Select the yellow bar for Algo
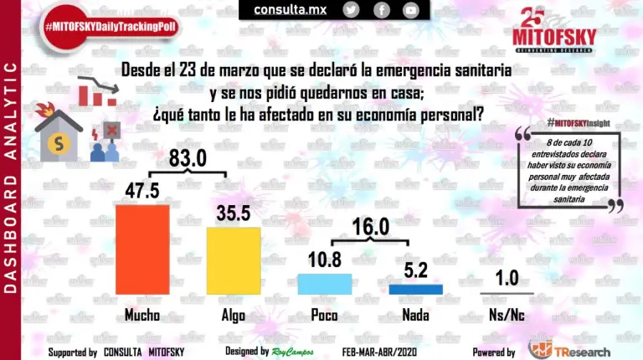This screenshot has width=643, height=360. (x=234, y=260)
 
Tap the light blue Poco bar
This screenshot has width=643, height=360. (x=325, y=284)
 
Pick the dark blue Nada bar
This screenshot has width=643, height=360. (x=415, y=289)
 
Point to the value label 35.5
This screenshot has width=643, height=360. (x=234, y=213)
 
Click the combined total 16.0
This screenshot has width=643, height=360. (x=370, y=228)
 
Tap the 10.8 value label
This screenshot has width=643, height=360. (x=325, y=259)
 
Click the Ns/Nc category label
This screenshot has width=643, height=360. (x=506, y=316)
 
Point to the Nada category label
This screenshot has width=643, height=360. (x=416, y=316)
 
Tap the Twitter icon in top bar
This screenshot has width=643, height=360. (x=352, y=10)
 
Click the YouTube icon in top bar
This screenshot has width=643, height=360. (x=410, y=10)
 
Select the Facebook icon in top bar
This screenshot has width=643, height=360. (x=381, y=10)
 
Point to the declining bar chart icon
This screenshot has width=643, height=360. (x=96, y=91)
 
